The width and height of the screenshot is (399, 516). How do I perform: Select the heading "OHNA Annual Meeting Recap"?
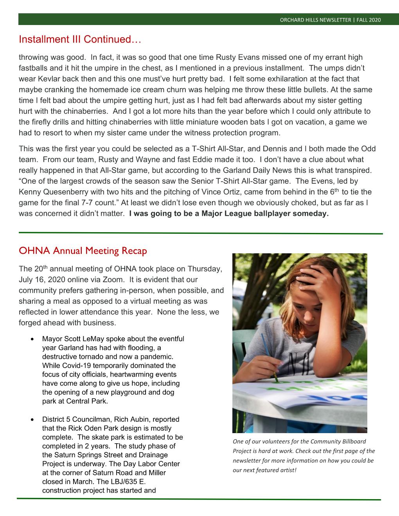tap(83, 251)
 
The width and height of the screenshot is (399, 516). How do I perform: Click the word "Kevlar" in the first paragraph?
tap(49, 78)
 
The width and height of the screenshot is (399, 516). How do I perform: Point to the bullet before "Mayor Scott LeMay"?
tap(32, 339)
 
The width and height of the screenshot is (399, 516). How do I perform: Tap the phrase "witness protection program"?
tap(237, 133)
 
